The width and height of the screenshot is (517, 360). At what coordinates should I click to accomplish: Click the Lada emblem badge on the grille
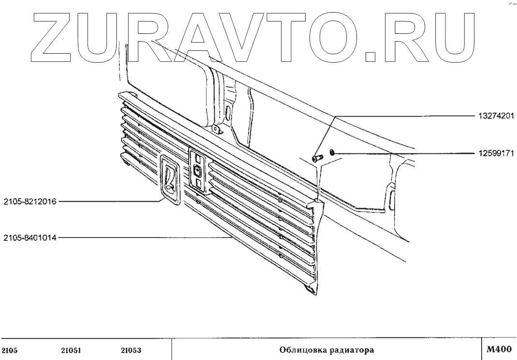point(169,180)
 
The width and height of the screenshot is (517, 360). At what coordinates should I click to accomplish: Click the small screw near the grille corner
point(317,158)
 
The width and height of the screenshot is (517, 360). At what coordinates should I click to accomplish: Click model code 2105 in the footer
point(10,349)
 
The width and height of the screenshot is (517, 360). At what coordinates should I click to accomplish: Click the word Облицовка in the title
point(300,349)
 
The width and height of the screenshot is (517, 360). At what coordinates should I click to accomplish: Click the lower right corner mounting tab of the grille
point(310,289)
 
